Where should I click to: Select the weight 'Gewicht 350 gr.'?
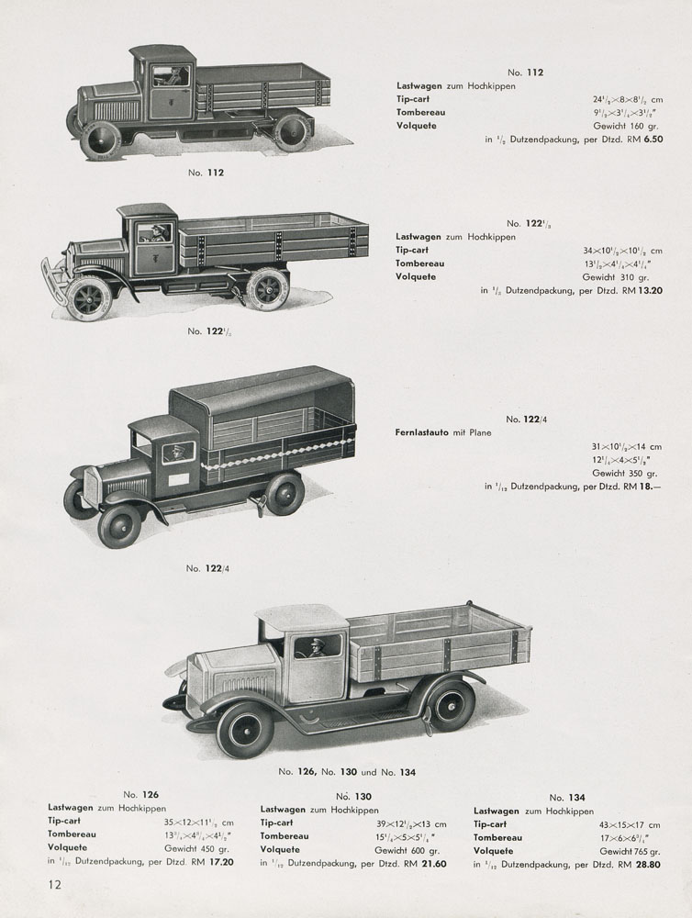point(621,473)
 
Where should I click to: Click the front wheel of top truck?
point(100,140)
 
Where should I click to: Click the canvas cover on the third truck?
point(262,390)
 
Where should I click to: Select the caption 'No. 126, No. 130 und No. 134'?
point(348,771)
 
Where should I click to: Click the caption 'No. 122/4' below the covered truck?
point(206,568)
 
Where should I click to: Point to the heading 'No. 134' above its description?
point(567,798)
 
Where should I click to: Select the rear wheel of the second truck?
point(268,287)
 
